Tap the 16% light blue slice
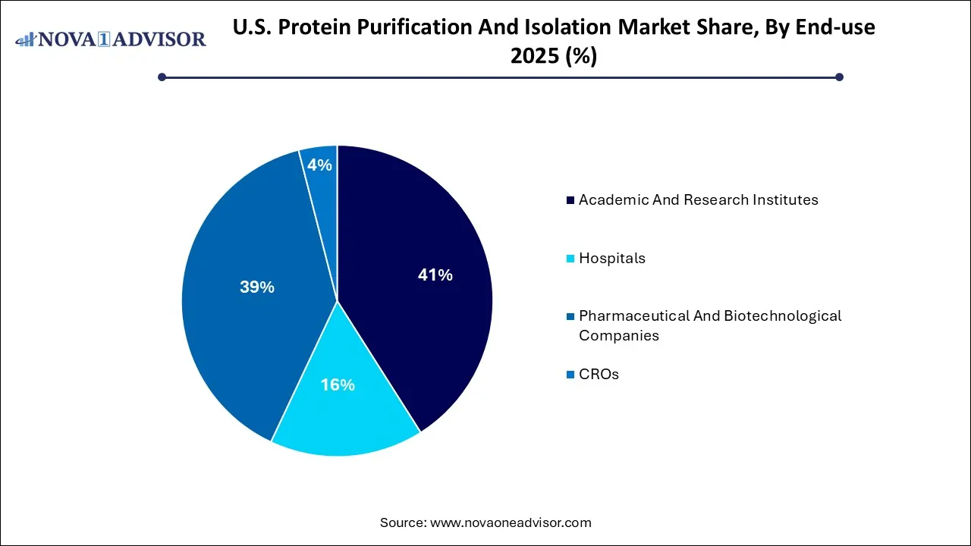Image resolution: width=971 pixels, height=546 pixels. point(341,409)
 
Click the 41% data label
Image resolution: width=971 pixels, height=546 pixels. point(435,275)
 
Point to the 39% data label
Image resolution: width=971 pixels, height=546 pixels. point(256,287)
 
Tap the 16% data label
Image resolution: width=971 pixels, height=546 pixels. point(337,385)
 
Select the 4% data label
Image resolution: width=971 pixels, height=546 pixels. point(320,165)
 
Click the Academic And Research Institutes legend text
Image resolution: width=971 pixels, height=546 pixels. point(698,200)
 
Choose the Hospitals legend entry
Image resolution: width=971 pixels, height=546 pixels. point(611,259)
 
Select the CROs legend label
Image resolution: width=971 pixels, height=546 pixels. point(599,375)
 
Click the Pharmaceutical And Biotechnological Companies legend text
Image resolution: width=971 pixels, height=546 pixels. point(709,325)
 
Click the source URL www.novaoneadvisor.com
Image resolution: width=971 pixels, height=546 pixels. point(511,522)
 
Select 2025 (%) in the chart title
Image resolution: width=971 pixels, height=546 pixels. point(554,56)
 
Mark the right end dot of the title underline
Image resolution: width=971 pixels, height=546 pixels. point(839,77)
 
